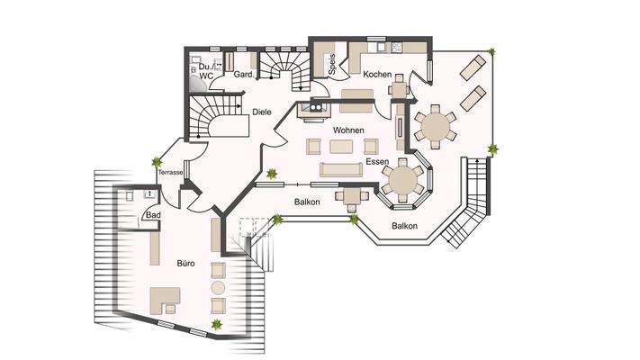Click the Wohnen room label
pyautogui.click(x=348, y=130)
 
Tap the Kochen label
pyautogui.click(x=377, y=75)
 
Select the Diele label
pyautogui.click(x=262, y=112)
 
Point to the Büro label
pyautogui.click(x=185, y=264)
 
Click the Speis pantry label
pyautogui.click(x=332, y=64)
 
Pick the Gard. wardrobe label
pyautogui.click(x=244, y=75)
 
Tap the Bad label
pyautogui.click(x=153, y=215)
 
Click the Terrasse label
pyautogui.click(x=171, y=172)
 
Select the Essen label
pyautogui.click(x=377, y=162)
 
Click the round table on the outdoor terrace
pyautogui.click(x=436, y=127)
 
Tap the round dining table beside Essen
pyautogui.click(x=403, y=180)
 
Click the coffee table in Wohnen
pyautogui.click(x=341, y=147)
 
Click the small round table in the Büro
pyautogui.click(x=218, y=287)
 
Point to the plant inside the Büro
pyautogui.click(x=217, y=325)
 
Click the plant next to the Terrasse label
pyautogui.click(x=157, y=162)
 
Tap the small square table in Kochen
pyautogui.click(x=399, y=89)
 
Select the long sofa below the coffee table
pyautogui.click(x=341, y=170)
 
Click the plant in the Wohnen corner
pyautogui.click(x=272, y=175)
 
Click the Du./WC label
pyautogui.click(x=206, y=71)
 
